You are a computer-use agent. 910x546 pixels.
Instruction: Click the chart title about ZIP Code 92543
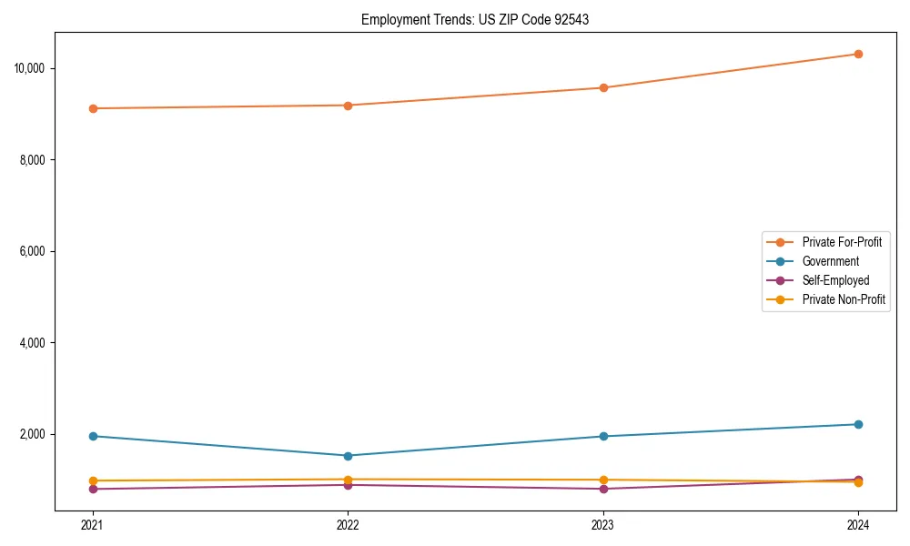click(x=475, y=19)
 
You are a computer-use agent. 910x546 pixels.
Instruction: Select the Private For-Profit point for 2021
click(x=93, y=108)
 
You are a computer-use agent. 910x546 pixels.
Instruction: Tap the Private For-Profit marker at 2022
click(x=348, y=106)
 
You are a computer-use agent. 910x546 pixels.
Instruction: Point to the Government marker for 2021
click(x=93, y=436)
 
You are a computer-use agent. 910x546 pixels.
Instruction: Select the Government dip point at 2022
click(x=348, y=456)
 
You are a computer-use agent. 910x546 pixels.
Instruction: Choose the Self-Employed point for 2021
click(x=93, y=489)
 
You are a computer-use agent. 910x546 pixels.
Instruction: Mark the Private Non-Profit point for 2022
click(x=348, y=480)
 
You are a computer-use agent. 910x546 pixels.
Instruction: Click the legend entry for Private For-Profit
click(x=842, y=242)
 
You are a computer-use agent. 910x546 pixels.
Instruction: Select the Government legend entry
click(x=830, y=261)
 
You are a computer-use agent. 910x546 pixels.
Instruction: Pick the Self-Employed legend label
click(x=835, y=280)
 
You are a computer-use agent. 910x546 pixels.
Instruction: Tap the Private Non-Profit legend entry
click(x=844, y=299)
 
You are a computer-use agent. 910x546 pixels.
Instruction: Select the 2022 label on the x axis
click(x=348, y=524)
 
